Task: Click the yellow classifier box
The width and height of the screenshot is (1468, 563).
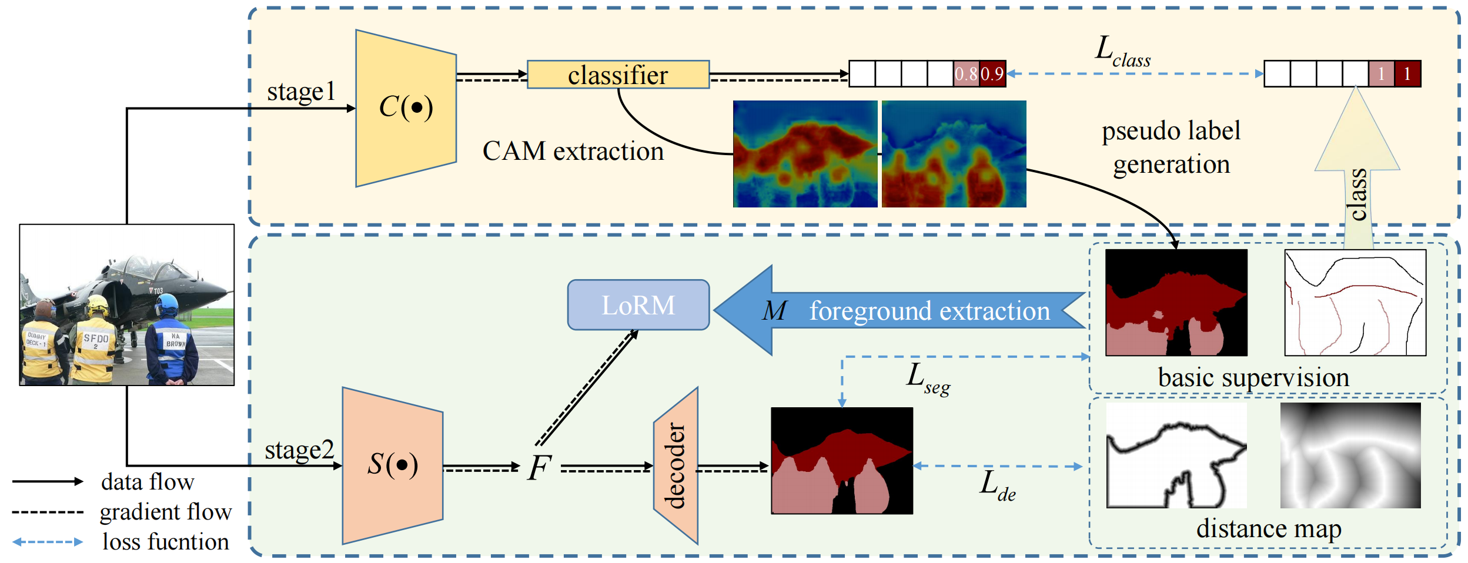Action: click(x=618, y=75)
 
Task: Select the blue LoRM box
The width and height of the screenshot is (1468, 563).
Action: click(x=638, y=305)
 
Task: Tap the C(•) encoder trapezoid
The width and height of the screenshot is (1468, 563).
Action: click(x=406, y=108)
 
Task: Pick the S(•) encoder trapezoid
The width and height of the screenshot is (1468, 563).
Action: click(x=393, y=465)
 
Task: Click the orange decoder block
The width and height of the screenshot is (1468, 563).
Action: click(x=676, y=465)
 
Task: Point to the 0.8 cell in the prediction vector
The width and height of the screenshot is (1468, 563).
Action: click(x=966, y=74)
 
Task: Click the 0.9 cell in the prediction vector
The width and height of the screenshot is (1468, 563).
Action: click(x=992, y=74)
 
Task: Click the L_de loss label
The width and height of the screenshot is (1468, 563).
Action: click(x=998, y=485)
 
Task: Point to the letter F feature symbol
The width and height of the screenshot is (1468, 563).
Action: click(x=540, y=468)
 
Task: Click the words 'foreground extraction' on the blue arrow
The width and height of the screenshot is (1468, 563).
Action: click(x=929, y=311)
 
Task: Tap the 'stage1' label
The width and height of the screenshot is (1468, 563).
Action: click(x=301, y=92)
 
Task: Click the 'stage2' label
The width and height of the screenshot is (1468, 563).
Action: click(x=299, y=451)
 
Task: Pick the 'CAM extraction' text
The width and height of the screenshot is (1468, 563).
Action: click(x=573, y=152)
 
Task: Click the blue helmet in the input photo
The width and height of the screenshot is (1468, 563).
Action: click(x=168, y=304)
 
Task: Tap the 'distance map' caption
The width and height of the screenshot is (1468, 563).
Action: click(x=1269, y=529)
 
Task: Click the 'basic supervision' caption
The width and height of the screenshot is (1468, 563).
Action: click(x=1253, y=377)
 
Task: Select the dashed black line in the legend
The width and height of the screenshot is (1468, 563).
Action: click(x=48, y=512)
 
